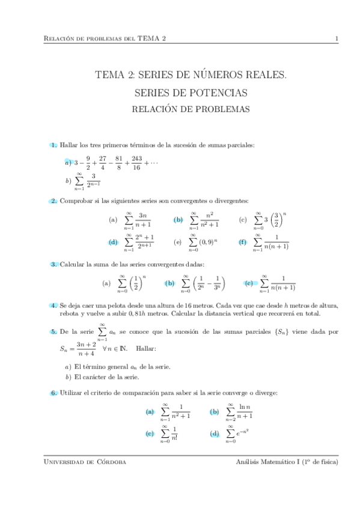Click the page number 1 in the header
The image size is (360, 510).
337,39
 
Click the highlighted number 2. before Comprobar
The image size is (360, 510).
53,201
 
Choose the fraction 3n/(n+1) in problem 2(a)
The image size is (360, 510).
143,220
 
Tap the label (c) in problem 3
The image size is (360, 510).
248,283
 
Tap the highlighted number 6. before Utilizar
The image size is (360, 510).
53,393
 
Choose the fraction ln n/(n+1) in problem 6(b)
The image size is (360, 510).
243,411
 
